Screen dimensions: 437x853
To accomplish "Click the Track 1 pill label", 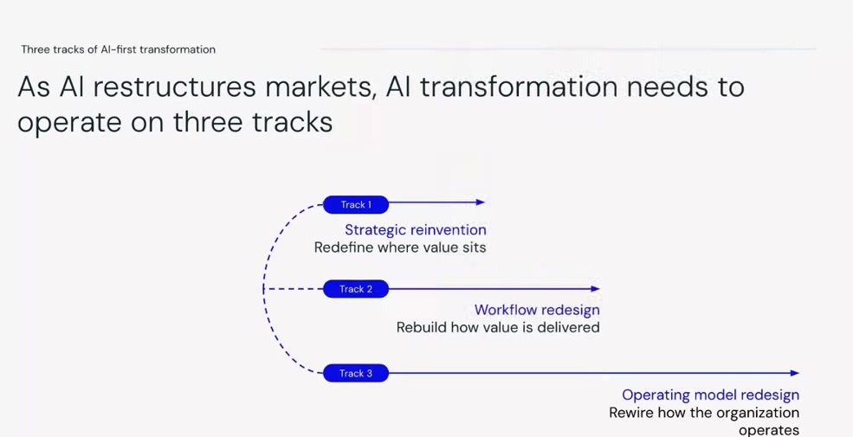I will click(x=356, y=205).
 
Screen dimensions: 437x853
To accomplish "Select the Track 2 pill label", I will click(x=356, y=289).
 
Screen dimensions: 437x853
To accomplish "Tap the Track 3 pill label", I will click(x=356, y=374).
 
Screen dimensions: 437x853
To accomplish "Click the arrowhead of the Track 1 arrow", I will click(x=481, y=202).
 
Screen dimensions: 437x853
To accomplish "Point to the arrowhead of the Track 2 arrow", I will click(x=595, y=289).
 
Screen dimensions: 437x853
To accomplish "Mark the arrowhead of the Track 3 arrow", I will click(x=794, y=374).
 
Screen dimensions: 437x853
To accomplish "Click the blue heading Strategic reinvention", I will click(x=416, y=230).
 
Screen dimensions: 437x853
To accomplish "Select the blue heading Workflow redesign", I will click(x=537, y=310).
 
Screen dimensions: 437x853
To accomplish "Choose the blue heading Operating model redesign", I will click(x=710, y=395).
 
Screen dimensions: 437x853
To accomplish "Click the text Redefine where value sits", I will click(x=400, y=247).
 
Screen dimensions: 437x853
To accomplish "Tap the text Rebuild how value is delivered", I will click(x=498, y=328).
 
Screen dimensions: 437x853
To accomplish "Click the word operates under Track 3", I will click(x=768, y=430).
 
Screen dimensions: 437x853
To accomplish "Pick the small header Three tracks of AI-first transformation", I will click(x=118, y=49).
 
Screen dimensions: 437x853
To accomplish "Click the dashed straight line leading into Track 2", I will click(x=293, y=289).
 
